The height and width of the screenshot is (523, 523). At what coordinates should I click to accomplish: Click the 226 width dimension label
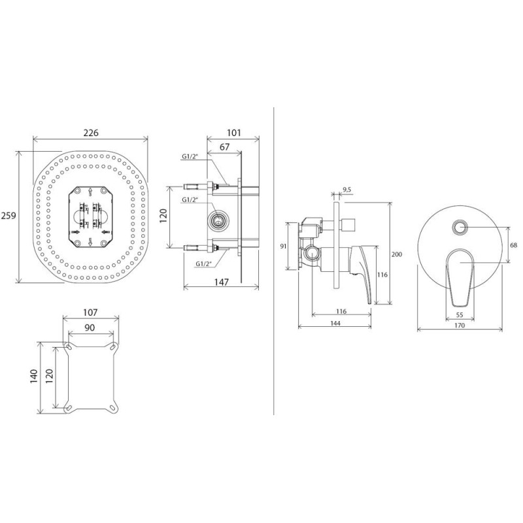coord(91,133)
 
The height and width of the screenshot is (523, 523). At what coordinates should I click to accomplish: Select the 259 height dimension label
coord(8,216)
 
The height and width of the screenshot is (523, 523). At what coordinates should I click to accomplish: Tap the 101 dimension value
coord(234,133)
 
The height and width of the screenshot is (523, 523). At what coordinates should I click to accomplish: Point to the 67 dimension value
coord(225,146)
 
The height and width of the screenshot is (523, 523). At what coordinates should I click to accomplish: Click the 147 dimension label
coord(222,282)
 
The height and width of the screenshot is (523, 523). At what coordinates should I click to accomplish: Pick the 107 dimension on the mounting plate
coord(90,312)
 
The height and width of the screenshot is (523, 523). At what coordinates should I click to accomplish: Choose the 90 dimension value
coord(90,328)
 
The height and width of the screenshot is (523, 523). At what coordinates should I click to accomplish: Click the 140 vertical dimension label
coord(34,377)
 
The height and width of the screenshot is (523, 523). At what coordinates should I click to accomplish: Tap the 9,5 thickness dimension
coord(347,190)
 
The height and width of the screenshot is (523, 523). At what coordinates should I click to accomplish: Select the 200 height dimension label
coord(397,254)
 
